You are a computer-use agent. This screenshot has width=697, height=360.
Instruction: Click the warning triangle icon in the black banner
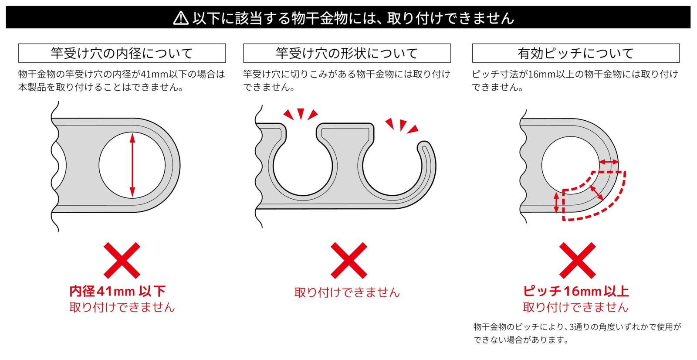[181, 18]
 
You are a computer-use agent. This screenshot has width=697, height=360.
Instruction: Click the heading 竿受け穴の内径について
[122, 53]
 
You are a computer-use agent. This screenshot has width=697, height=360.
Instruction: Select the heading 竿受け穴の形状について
[347, 53]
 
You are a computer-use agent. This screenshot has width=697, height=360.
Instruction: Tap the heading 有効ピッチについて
[575, 53]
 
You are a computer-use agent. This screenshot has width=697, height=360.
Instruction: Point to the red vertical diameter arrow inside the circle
[132, 165]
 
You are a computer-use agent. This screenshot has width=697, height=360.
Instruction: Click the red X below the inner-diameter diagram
[122, 260]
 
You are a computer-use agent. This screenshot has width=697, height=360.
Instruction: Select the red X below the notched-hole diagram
[349, 260]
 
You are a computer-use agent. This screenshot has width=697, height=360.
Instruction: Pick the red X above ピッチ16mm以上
[578, 260]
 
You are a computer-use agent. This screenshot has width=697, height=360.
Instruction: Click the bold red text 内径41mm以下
[117, 291]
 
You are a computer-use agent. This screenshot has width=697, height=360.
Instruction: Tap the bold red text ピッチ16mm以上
[575, 291]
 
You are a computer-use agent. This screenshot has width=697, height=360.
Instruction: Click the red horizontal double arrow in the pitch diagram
[609, 162]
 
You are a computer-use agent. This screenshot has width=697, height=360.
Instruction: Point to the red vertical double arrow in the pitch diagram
[556, 202]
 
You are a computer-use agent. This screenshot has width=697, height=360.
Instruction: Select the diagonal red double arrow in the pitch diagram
[597, 193]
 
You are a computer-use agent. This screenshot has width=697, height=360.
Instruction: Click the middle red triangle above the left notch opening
[301, 114]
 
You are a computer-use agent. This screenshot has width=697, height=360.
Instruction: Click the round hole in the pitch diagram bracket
[571, 165]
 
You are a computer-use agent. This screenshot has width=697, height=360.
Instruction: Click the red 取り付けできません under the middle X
[347, 292]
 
